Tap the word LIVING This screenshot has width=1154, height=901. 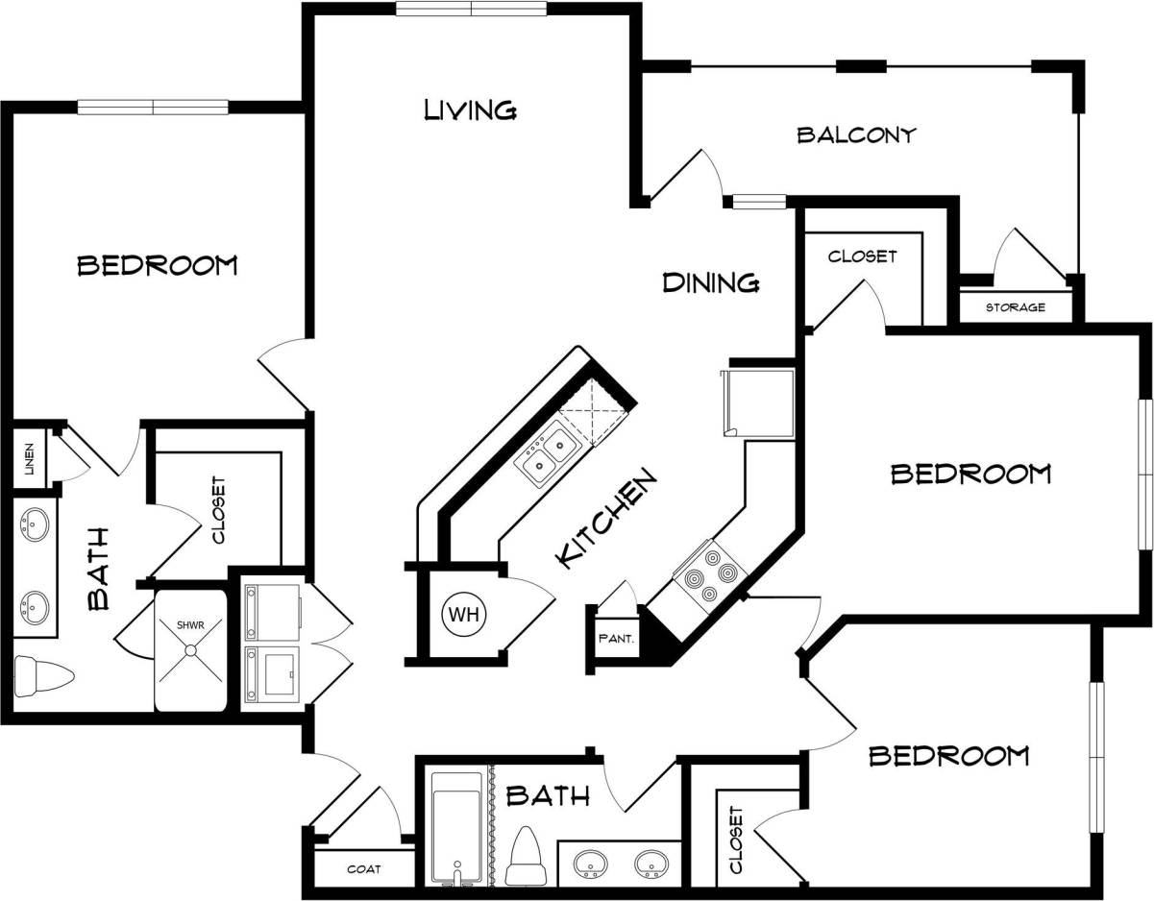(x=471, y=110)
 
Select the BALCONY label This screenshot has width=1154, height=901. (x=856, y=135)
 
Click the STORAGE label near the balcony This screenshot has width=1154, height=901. (x=1015, y=307)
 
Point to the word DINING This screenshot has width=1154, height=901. (x=711, y=282)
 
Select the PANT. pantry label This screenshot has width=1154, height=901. (x=614, y=637)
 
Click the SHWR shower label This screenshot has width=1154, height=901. (x=190, y=625)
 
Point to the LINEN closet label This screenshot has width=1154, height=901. (x=29, y=458)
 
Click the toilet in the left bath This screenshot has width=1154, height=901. (x=43, y=676)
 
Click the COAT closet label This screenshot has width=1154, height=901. (x=363, y=869)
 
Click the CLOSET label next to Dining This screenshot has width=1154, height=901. (x=862, y=256)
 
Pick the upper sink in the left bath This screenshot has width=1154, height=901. (x=35, y=525)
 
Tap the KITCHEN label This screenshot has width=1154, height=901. (x=607, y=519)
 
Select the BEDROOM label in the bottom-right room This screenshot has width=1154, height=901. (x=948, y=756)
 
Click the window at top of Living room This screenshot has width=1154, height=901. (x=472, y=9)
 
